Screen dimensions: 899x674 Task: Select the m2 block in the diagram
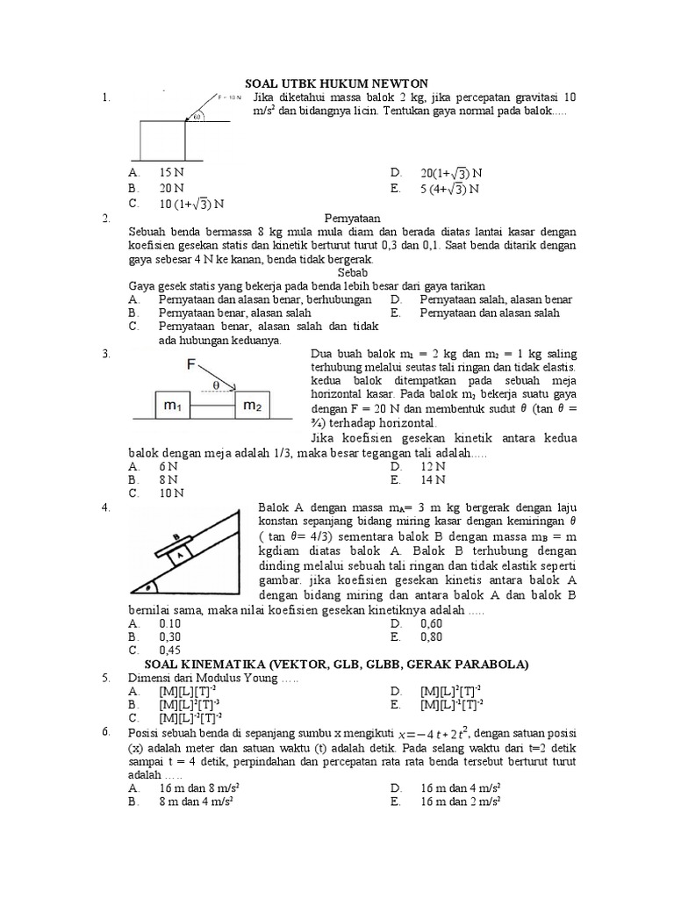pyautogui.click(x=253, y=405)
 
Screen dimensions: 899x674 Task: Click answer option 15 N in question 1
pyautogui.click(x=171, y=173)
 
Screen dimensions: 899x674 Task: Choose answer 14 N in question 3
pyautogui.click(x=433, y=480)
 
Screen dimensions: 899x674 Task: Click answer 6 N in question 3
pyautogui.click(x=168, y=467)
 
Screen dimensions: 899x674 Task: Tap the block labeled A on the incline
pyautogui.click(x=179, y=554)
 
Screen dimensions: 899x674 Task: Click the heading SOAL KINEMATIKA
pyautogui.click(x=336, y=665)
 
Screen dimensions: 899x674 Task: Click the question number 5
pyautogui.click(x=105, y=678)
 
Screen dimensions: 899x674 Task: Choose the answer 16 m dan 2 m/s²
pyautogui.click(x=460, y=802)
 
